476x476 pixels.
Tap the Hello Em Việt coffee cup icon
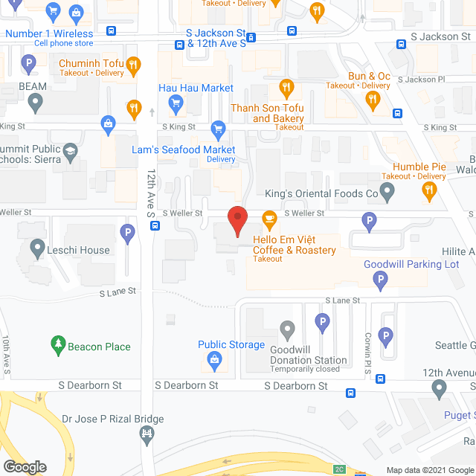click(268, 219)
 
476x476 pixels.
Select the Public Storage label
click(231, 344)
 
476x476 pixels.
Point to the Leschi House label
click(80, 250)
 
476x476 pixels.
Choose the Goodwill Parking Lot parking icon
click(380, 280)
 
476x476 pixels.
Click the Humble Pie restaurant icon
click(429, 190)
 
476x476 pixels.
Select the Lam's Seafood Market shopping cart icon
click(218, 130)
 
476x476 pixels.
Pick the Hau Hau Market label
click(196, 88)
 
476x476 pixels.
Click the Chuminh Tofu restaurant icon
click(133, 65)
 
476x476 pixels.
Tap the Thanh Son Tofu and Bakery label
click(268, 113)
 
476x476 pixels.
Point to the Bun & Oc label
click(369, 76)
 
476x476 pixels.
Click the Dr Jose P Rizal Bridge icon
click(148, 433)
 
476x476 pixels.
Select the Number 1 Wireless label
click(49, 33)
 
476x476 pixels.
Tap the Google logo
click(24, 467)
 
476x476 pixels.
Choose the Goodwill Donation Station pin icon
click(287, 329)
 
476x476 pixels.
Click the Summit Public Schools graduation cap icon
click(71, 152)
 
